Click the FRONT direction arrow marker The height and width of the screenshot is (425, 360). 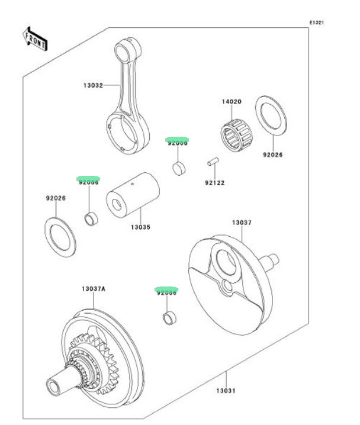36,38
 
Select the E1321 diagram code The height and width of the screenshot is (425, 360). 317,22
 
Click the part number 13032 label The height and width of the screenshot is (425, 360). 92,85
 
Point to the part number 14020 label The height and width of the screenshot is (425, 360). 232,102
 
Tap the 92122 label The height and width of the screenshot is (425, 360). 215,183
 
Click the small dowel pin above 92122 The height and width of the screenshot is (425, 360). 214,160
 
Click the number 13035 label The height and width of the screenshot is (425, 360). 140,227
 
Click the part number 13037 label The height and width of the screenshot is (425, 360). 242,223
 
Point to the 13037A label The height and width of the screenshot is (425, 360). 93,289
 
